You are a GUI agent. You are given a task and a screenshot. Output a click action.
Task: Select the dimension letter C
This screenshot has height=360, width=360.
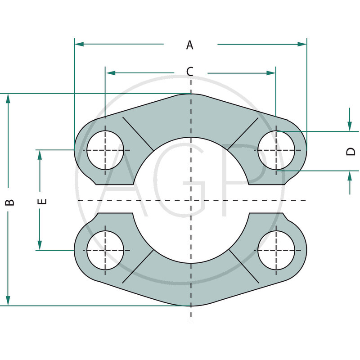(189, 72)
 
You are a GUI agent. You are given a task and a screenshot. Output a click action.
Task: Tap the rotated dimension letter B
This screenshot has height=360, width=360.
(10, 202)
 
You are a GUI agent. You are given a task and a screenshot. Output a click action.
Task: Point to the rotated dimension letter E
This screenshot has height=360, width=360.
(42, 201)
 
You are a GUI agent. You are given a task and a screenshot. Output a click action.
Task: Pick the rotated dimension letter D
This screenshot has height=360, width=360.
(351, 152)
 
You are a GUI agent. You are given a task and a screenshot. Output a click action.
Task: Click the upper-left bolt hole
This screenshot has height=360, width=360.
(105, 150)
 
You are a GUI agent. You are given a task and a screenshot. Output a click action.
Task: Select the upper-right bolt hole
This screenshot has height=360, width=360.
(276, 150)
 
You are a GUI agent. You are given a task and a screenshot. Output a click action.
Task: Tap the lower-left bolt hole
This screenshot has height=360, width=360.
(105, 250)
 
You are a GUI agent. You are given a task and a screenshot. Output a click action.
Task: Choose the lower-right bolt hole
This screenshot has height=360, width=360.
(276, 250)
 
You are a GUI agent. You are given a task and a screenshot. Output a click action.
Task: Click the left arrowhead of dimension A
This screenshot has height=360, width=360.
(79, 44)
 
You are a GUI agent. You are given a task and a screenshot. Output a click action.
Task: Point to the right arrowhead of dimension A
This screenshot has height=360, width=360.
(302, 44)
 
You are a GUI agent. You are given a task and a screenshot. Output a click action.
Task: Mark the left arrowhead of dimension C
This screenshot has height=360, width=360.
(111, 73)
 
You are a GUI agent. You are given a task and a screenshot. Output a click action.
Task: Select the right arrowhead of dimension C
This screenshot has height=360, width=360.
(271, 73)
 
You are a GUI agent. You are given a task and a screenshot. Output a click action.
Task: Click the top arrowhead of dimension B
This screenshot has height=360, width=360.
(8, 98)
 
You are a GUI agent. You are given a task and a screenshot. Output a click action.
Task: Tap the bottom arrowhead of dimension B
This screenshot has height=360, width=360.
(8, 301)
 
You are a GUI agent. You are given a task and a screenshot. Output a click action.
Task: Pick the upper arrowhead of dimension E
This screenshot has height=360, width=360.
(40, 155)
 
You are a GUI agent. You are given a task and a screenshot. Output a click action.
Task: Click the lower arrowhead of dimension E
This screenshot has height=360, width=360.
(40, 245)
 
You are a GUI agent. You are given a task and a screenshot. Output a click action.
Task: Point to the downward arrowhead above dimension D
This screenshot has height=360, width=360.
(350, 126)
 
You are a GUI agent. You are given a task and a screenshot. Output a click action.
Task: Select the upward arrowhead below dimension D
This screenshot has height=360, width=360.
(350, 176)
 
